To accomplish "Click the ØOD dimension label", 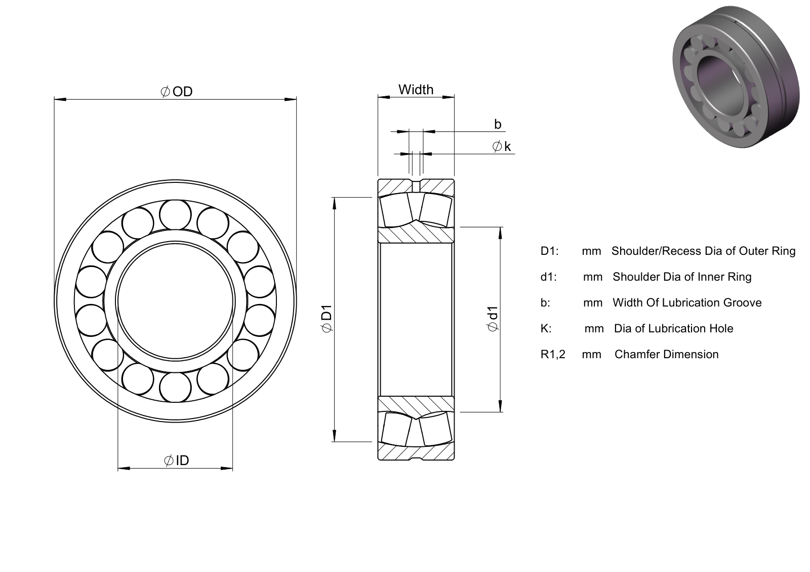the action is [177, 92].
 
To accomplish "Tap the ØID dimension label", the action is [177, 461].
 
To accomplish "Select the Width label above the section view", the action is [416, 89].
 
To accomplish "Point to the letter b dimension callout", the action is [498, 124].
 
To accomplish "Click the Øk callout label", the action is [502, 146].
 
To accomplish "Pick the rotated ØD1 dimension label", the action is [327, 318].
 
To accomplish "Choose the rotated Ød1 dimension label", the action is [493, 318].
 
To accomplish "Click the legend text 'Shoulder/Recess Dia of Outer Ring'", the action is [703, 251].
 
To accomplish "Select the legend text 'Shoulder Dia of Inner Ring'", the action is [682, 277].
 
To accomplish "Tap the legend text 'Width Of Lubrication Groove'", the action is [687, 302].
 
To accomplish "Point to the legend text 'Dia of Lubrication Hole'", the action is [674, 328].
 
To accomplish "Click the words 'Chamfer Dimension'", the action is [666, 354].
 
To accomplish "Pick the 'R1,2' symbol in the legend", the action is [553, 355].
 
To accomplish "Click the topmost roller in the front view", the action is [175, 214].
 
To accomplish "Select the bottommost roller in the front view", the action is [175, 387].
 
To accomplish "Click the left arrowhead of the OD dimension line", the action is [60, 99].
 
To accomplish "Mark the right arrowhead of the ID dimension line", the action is [227, 469].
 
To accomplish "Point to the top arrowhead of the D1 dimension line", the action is [335, 203].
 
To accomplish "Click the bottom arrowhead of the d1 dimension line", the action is [501, 406].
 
